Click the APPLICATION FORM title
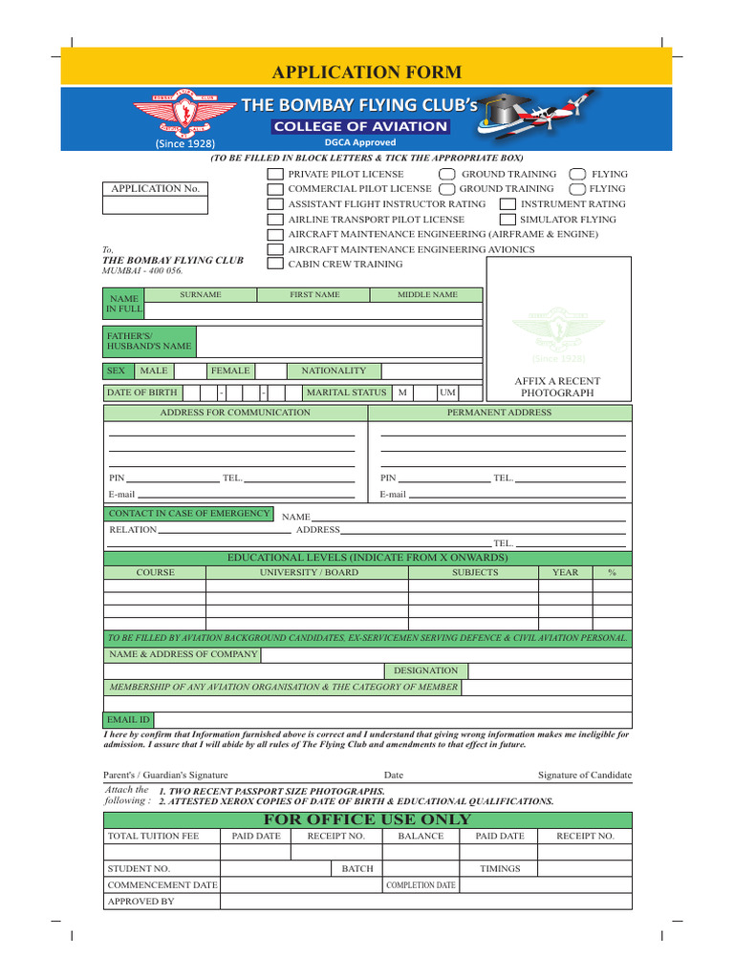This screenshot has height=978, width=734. coord(367,73)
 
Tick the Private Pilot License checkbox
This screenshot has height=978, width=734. coord(275,175)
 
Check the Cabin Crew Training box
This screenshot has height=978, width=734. coord(275,264)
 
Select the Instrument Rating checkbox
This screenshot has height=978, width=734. coord(508,204)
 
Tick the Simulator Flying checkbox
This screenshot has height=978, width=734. coord(508,220)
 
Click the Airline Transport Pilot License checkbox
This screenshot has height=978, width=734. coord(275,220)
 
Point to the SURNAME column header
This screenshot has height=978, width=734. coord(201,295)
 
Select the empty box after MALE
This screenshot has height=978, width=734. coord(190,371)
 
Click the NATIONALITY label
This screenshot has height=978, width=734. coord(334,371)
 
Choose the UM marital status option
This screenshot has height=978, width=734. coord(447,393)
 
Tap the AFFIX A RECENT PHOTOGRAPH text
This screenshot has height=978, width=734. coord(557,387)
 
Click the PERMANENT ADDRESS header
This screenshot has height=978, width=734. coord(499,413)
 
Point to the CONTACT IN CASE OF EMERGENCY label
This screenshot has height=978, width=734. coord(188,514)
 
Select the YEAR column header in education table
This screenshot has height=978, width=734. coord(565,572)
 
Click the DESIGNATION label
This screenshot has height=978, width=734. coord(425,670)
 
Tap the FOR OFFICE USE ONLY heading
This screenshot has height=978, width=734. coord(367,819)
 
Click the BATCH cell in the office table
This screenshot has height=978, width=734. coord(357,869)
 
